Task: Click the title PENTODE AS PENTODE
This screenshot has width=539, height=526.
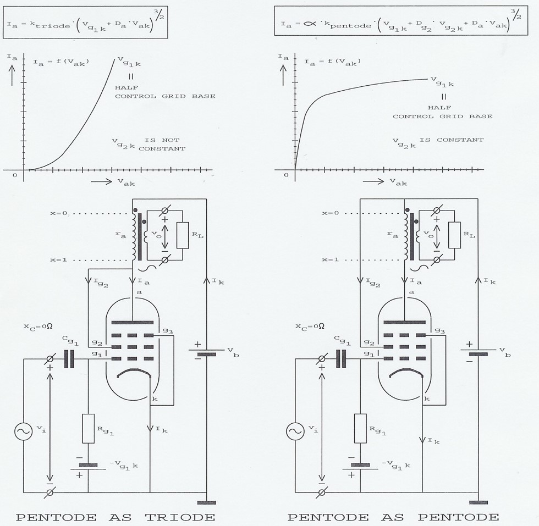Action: click(393, 517)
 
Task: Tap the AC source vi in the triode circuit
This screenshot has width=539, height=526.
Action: click(24, 432)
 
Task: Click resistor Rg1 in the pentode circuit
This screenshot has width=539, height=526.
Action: click(361, 429)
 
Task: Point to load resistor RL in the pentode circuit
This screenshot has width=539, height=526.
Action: click(454, 235)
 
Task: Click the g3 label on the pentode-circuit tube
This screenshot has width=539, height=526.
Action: click(438, 330)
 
